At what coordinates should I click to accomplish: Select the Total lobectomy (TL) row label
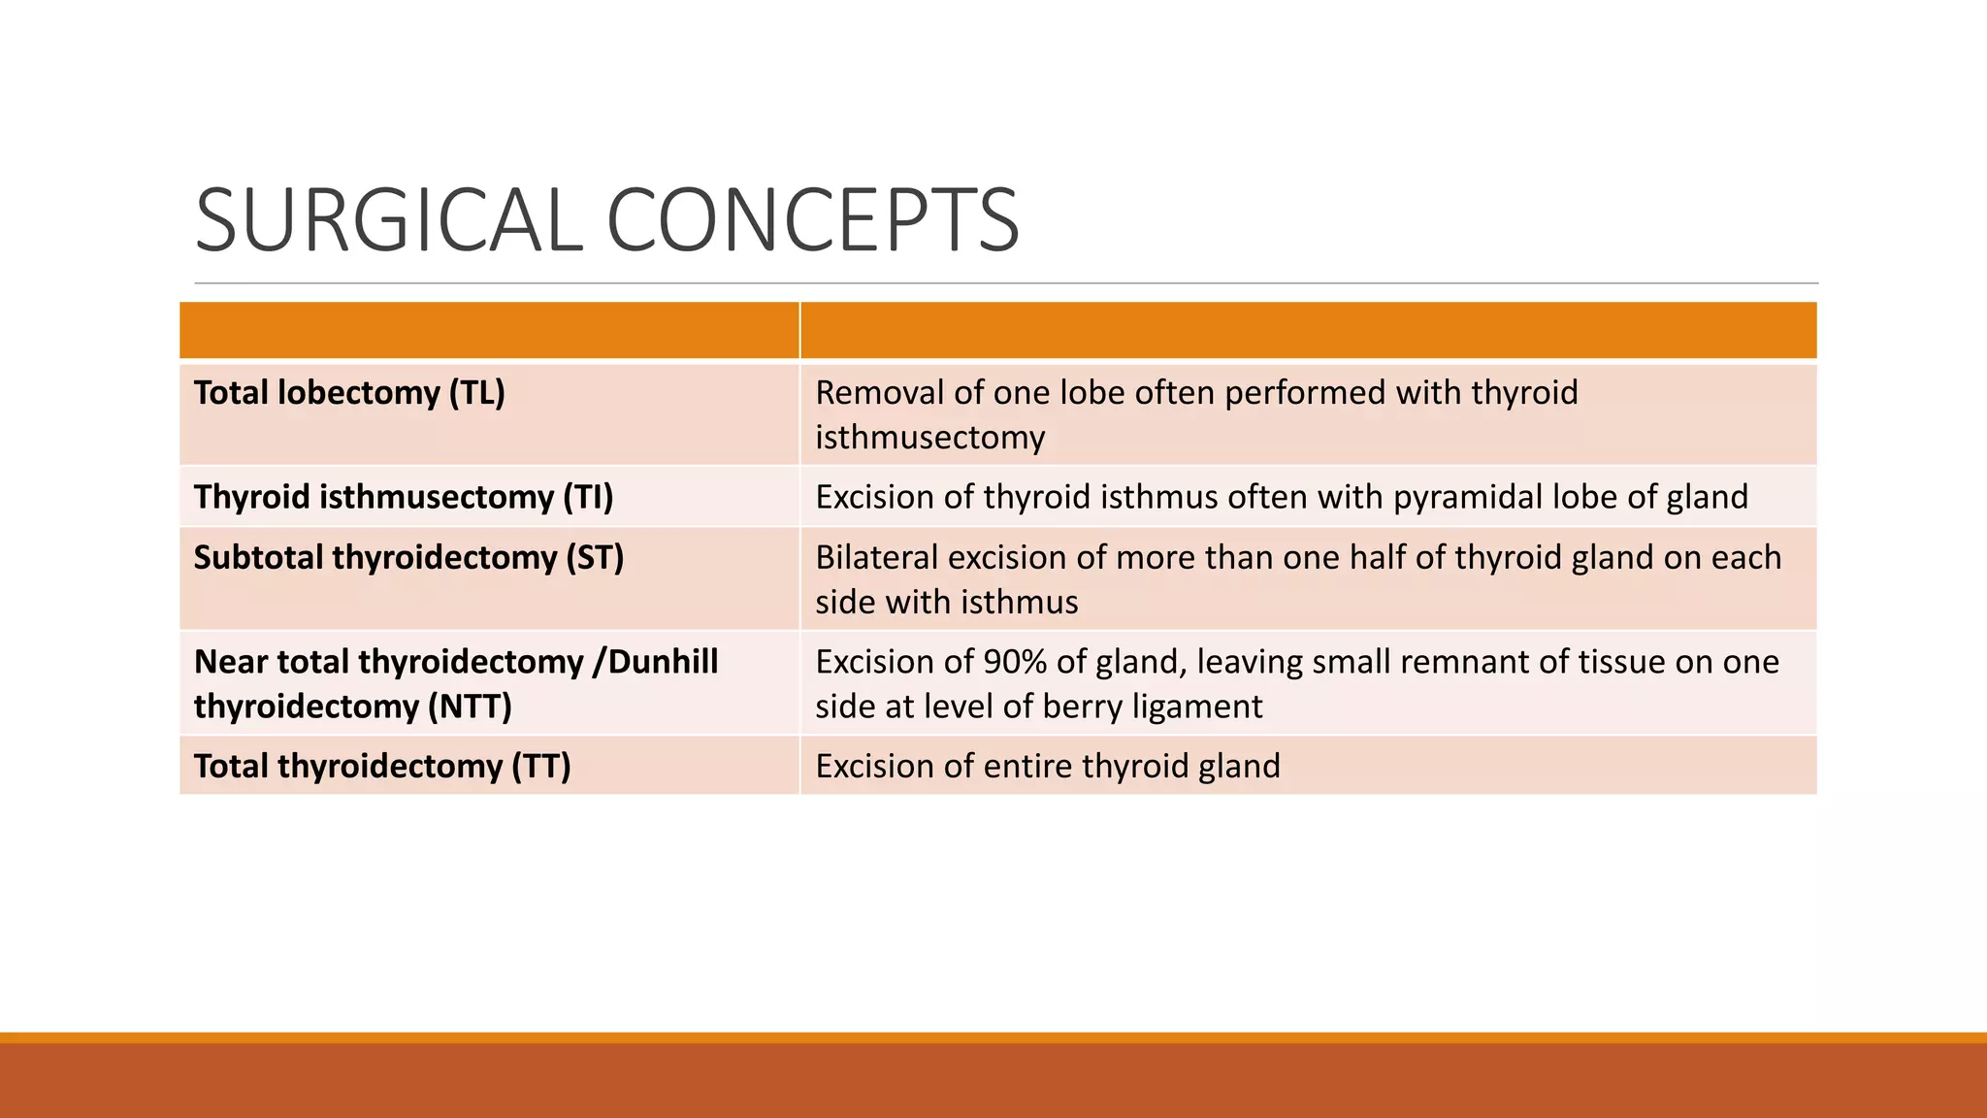point(349,393)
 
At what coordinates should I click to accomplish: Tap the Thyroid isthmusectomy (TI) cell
point(404,497)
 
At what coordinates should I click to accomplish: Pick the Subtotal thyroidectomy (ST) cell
point(408,558)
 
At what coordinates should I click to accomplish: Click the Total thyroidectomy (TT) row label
point(382,767)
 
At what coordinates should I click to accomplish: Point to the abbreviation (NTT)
point(470,707)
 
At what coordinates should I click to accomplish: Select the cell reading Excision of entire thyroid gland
point(1048,767)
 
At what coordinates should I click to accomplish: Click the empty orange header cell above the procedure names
point(489,331)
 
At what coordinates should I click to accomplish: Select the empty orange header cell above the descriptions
point(1308,331)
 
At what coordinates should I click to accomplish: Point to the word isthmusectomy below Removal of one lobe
point(929,438)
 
